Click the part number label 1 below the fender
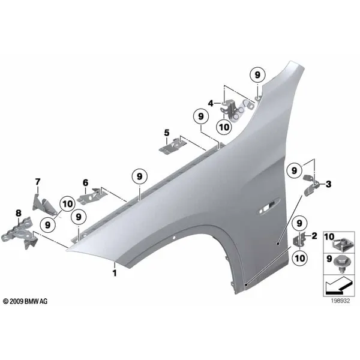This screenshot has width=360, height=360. click(115, 273)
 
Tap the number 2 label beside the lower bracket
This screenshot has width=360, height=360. click(314, 236)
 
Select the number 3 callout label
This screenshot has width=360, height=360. click(328, 184)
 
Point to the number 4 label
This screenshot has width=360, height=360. click(211, 103)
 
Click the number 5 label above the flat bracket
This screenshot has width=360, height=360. click(167, 133)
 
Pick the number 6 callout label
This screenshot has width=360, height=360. click(85, 183)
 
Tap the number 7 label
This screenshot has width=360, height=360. click(37, 182)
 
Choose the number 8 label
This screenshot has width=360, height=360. click(19, 213)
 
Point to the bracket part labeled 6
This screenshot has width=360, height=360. click(92, 195)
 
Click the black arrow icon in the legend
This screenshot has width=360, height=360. click(339, 285)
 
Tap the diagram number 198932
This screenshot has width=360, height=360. click(340, 301)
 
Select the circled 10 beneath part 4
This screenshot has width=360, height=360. click(224, 127)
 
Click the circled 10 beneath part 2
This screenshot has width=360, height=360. click(299, 258)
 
